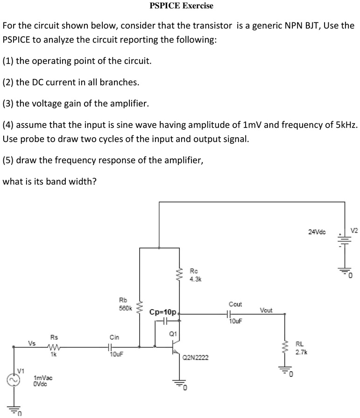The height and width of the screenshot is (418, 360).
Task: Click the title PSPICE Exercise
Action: click(181, 6)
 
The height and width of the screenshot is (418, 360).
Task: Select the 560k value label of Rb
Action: click(126, 308)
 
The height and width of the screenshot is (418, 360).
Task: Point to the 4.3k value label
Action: click(195, 279)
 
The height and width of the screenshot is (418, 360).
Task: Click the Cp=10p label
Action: click(163, 312)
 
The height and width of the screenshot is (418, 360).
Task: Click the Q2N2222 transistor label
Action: click(196, 358)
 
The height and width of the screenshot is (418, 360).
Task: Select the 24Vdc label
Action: click(318, 232)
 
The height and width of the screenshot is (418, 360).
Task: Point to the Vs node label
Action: click(32, 343)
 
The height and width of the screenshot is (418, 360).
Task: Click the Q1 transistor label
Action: click(173, 333)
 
